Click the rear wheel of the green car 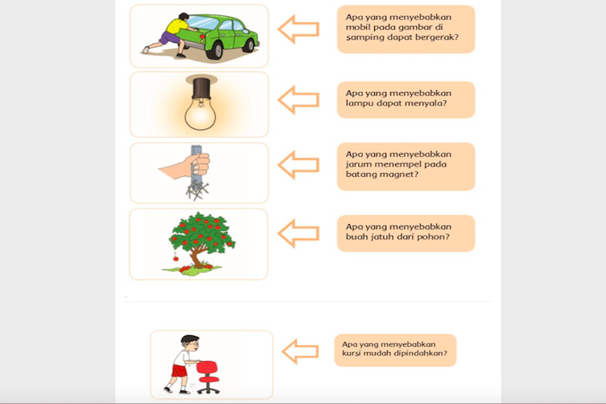tap(215, 51)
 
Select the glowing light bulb tap(200, 112)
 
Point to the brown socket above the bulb tap(201, 88)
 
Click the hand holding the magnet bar tap(185, 165)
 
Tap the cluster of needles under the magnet tap(197, 190)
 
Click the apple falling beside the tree tap(176, 258)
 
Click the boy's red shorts tap(179, 370)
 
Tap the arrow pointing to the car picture tap(298, 29)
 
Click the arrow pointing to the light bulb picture tap(298, 99)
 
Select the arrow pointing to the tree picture tap(298, 234)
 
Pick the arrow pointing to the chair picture tap(301, 351)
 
